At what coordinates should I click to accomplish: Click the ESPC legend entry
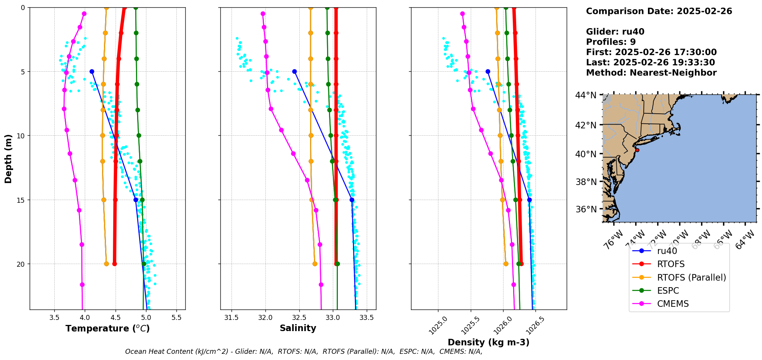coord(668,291)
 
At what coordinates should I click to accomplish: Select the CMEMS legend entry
coord(673,304)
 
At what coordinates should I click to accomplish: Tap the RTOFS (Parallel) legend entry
coord(691,278)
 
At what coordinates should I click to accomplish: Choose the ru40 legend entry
coord(667,251)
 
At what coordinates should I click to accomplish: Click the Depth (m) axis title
coord(8,158)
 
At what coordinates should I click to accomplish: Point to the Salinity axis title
coord(298,328)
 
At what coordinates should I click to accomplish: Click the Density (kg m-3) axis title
coord(488,342)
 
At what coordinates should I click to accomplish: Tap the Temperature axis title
coord(107,328)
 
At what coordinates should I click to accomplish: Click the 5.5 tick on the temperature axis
coord(176,318)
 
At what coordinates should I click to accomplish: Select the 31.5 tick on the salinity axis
coord(231,318)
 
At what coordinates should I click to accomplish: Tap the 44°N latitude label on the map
coord(586,95)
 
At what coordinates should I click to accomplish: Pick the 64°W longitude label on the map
coord(745,240)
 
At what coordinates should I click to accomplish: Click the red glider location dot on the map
coord(637,150)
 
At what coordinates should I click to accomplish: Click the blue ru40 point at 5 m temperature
coord(92,71)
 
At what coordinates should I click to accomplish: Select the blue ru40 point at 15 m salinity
coord(352,200)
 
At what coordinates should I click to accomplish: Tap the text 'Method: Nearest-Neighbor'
coord(651,73)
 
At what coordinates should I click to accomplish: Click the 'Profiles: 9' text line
coord(611,42)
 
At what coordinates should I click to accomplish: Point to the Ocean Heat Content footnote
coord(304,352)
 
